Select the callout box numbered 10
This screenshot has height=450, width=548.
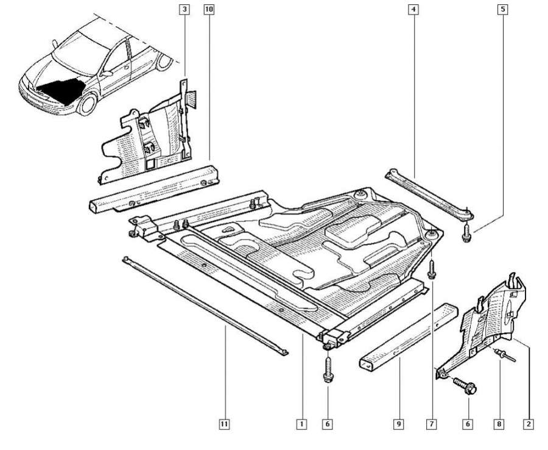click(209, 9)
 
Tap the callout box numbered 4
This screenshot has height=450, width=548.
click(414, 9)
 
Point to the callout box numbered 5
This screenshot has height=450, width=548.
click(503, 9)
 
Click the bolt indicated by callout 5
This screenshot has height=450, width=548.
click(466, 231)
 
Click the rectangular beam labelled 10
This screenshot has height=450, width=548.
click(152, 185)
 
